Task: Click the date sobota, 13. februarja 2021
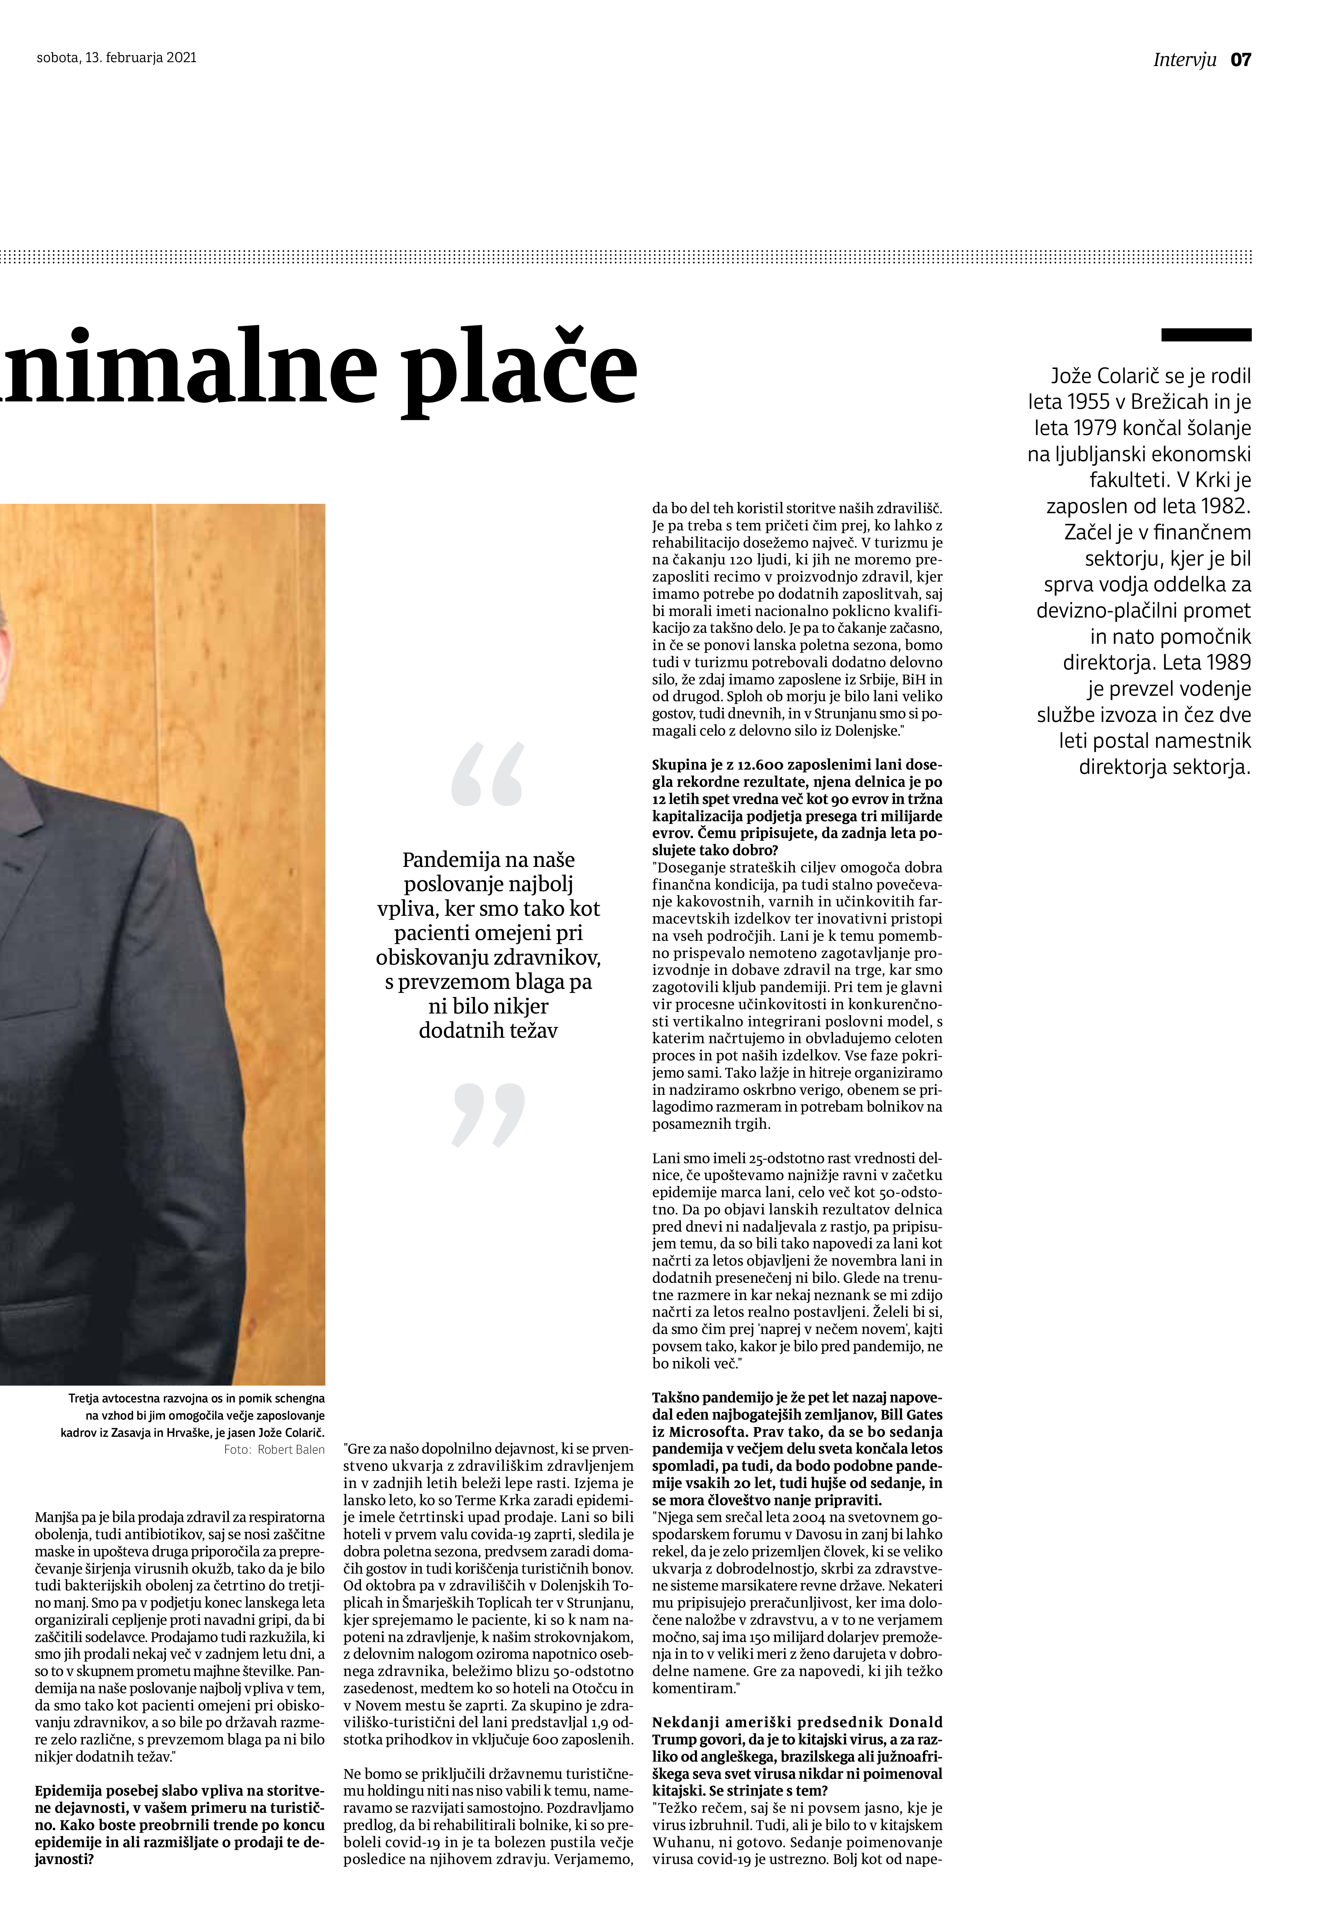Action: (117, 58)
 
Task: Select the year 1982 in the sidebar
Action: (1220, 506)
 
